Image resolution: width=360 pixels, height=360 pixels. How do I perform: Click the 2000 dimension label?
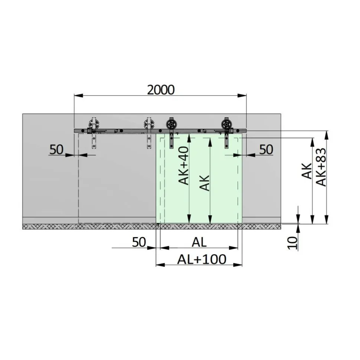pos(161,90)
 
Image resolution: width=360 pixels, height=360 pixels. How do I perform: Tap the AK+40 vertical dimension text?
pos(184,166)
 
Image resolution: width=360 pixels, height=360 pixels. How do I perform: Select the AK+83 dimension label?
pos(321,167)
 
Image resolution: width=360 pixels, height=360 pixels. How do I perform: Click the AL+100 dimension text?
pos(202,259)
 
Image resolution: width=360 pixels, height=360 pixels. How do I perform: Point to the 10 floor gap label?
pos(293,243)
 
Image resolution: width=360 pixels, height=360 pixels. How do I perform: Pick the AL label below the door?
pos(199,242)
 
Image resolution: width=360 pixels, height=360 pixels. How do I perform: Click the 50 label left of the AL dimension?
pos(139,242)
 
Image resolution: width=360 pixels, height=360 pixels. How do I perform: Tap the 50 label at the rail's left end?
pos(56,150)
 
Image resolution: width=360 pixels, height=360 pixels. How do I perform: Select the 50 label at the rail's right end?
pos(266,150)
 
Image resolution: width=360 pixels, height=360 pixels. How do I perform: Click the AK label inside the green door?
pos(204,183)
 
